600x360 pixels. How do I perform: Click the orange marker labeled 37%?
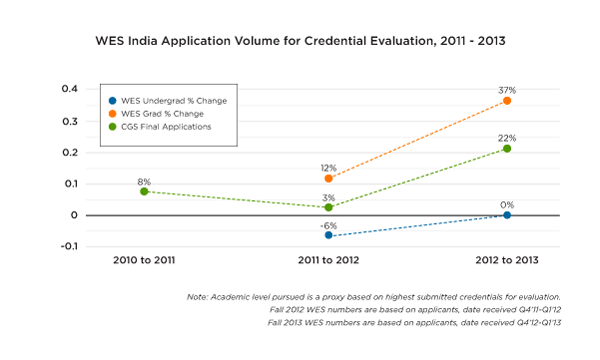508,101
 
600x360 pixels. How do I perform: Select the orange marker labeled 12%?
328,178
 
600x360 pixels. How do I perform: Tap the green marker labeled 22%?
508,148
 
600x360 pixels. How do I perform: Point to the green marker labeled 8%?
145,191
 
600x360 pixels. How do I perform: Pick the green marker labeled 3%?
328,207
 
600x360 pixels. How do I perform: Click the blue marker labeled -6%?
328,235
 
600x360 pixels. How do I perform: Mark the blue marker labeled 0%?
508,215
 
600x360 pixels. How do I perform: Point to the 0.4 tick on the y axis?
70,89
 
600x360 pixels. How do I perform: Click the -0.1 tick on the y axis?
69,246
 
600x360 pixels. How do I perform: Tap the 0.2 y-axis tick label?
70,152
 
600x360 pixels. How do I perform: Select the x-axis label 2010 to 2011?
145,260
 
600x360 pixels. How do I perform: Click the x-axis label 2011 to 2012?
328,260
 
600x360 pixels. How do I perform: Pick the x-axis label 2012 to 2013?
508,260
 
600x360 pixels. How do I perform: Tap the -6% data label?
328,223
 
